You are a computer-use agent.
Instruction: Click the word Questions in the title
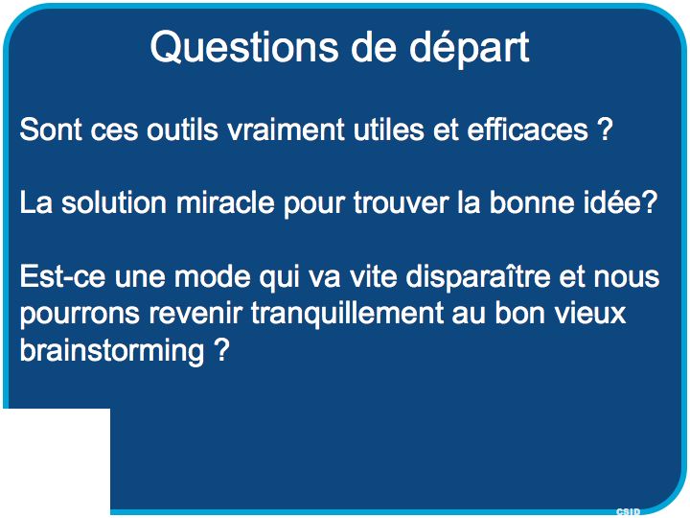click(244, 48)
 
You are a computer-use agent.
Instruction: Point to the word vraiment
click(286, 129)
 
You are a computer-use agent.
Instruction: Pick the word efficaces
click(528, 129)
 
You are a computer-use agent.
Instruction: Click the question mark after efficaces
click(605, 129)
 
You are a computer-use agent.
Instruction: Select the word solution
click(113, 202)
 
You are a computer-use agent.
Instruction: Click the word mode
click(213, 276)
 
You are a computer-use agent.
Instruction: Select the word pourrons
click(80, 315)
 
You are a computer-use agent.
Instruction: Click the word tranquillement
click(347, 314)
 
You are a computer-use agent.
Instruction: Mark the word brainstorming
click(112, 351)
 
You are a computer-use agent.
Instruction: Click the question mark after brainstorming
click(222, 350)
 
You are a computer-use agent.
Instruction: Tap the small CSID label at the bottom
click(628, 511)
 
